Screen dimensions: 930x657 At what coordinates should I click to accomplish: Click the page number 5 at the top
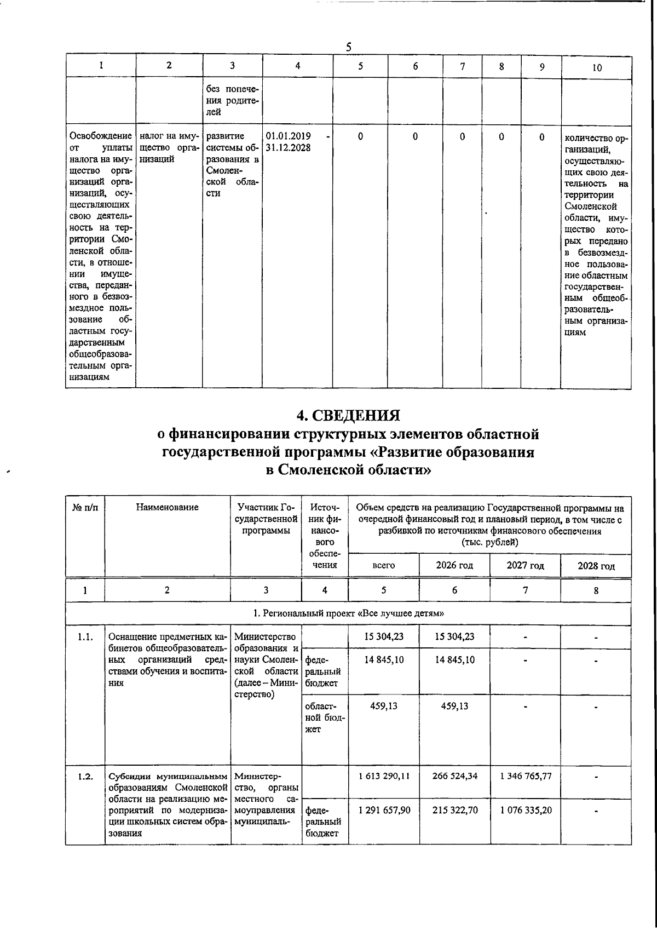click(348, 47)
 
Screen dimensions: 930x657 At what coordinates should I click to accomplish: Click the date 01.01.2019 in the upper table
click(289, 136)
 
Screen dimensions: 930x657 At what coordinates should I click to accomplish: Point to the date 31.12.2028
click(289, 147)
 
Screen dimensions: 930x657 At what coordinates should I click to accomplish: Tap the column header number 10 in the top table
click(597, 67)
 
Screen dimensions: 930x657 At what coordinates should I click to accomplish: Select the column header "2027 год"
click(525, 565)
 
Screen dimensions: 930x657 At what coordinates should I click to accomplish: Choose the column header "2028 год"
click(596, 566)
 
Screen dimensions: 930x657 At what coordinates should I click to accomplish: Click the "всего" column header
click(383, 565)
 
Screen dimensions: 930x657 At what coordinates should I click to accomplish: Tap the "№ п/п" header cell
click(85, 507)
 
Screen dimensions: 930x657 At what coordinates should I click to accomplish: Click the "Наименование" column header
click(167, 507)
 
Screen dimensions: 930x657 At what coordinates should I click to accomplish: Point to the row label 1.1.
click(85, 636)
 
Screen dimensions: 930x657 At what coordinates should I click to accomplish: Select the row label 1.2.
click(85, 776)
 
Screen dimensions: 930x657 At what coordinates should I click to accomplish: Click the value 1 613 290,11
click(384, 776)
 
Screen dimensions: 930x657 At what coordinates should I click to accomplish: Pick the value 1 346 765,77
click(526, 776)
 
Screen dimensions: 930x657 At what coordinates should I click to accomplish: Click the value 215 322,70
click(454, 810)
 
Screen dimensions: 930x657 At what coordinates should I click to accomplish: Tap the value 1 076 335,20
click(526, 810)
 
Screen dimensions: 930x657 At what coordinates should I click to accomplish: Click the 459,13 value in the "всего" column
click(384, 705)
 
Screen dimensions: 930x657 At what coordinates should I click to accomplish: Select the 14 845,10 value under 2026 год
click(454, 659)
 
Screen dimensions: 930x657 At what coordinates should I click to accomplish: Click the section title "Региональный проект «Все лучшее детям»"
click(348, 613)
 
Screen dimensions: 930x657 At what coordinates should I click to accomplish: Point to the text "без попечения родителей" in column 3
click(232, 100)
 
